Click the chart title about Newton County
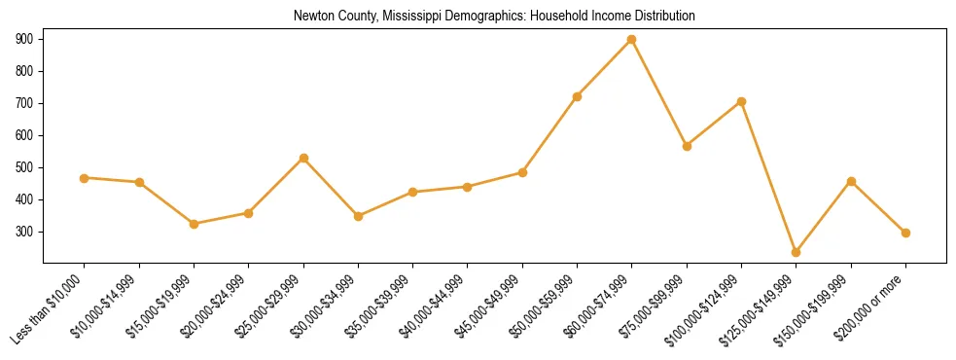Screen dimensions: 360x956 tap(494, 17)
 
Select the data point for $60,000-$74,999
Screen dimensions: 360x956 tap(632, 39)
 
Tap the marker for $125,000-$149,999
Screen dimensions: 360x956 tap(797, 252)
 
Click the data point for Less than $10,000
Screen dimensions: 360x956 tap(85, 178)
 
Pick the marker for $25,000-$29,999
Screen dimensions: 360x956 tap(303, 158)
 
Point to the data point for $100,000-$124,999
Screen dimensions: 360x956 tap(742, 101)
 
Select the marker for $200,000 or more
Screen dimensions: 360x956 tap(906, 233)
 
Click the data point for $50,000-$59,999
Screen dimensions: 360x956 tap(578, 96)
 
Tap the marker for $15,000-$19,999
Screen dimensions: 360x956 tap(195, 224)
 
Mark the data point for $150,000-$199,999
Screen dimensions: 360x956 tap(852, 181)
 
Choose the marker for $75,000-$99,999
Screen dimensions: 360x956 tap(687, 146)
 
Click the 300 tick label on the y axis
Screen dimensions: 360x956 tap(24, 233)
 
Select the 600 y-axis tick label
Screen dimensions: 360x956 tap(24, 135)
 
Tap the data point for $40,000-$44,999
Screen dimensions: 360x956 tap(468, 187)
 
